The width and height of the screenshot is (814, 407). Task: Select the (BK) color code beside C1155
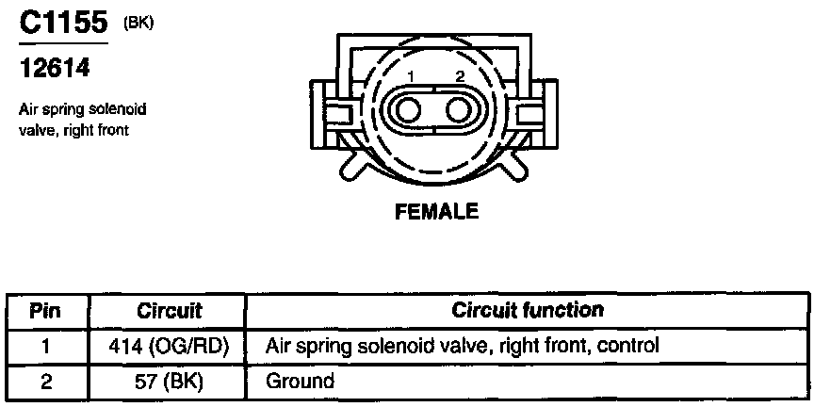click(138, 24)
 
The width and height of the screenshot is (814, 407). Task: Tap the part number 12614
click(55, 69)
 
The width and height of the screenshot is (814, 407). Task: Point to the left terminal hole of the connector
click(409, 110)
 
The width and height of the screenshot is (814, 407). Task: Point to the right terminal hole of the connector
click(460, 110)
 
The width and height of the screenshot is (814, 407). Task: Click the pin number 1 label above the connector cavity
click(410, 75)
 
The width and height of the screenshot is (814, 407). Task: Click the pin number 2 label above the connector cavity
click(460, 75)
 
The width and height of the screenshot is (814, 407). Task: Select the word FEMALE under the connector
click(435, 211)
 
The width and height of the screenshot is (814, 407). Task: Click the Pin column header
click(46, 310)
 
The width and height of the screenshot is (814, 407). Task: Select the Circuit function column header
click(529, 310)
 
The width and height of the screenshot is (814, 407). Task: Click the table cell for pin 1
click(46, 346)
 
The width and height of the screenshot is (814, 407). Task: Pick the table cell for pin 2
click(46, 382)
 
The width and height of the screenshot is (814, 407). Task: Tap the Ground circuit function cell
click(300, 382)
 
